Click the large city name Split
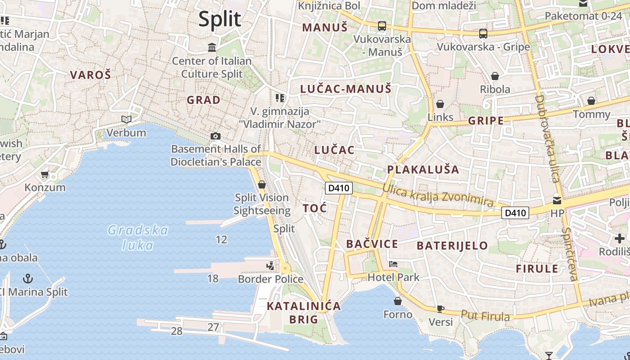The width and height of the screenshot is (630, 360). click(220, 19)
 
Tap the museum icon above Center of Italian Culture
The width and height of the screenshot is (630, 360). click(212, 47)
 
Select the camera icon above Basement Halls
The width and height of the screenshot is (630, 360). click(216, 136)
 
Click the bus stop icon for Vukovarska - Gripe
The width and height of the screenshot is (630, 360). click(483, 34)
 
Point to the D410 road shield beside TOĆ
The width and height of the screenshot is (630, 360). click(338, 188)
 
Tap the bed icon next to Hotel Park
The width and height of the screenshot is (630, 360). click(393, 264)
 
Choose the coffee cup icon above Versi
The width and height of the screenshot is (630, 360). click(440, 309)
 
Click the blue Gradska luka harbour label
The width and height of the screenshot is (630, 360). click(138, 238)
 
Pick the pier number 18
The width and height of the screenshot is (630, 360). click(212, 279)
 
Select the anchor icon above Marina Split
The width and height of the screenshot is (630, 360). click(28, 278)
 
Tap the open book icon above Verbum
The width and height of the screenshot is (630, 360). click(126, 119)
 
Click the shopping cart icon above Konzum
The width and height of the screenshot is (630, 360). click(45, 174)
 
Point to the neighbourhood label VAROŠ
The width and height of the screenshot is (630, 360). click(90, 75)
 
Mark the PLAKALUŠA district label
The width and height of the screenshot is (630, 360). click(423, 170)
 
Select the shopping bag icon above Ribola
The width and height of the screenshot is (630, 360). click(495, 76)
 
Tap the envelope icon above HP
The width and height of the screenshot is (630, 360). click(557, 200)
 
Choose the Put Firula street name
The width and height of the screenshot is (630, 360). click(486, 315)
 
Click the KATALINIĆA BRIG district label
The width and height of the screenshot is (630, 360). click(304, 313)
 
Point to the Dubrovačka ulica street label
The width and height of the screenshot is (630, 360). click(547, 138)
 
